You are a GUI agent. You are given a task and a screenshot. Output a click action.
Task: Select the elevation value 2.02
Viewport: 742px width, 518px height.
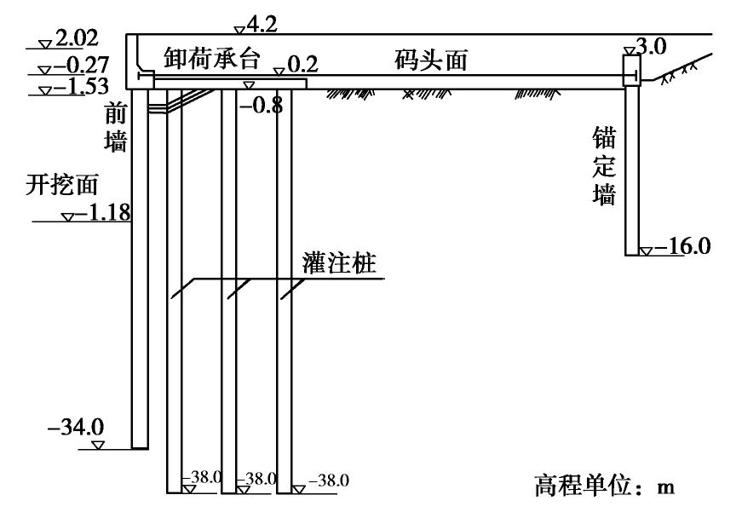pos(76,38)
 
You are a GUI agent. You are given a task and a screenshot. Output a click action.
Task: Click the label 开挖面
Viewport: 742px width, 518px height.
pos(63,184)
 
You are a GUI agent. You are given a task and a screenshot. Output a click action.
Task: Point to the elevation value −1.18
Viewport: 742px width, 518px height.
pos(101,212)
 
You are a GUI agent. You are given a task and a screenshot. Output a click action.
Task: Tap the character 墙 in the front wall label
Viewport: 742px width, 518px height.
pos(115,141)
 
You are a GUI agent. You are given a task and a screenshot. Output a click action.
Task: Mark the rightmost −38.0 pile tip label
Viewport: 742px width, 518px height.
pos(329,480)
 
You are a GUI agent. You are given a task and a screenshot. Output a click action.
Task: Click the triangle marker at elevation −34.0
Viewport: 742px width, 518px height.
pos(97,446)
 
